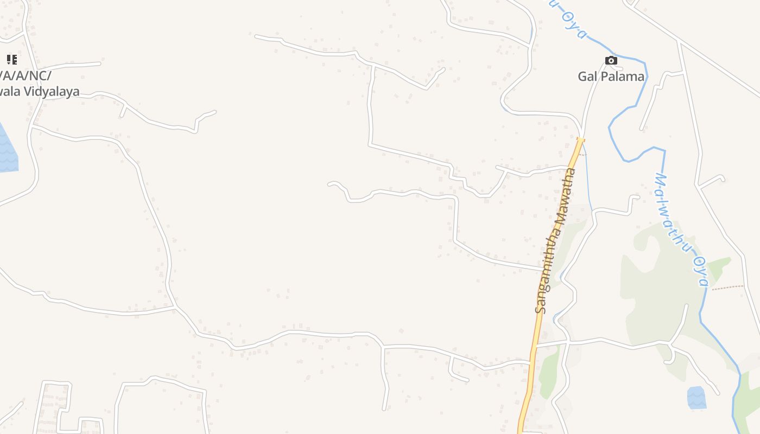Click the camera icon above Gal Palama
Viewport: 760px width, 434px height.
tap(611, 60)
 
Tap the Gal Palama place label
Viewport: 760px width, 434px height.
tap(611, 76)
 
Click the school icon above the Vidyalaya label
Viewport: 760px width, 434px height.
tap(11, 60)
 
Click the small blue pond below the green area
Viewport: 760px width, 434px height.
tap(696, 398)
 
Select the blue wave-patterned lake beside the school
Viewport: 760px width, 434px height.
tap(8, 152)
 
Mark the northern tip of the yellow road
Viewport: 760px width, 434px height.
tap(580, 140)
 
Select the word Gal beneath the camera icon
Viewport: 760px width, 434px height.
tap(588, 76)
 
